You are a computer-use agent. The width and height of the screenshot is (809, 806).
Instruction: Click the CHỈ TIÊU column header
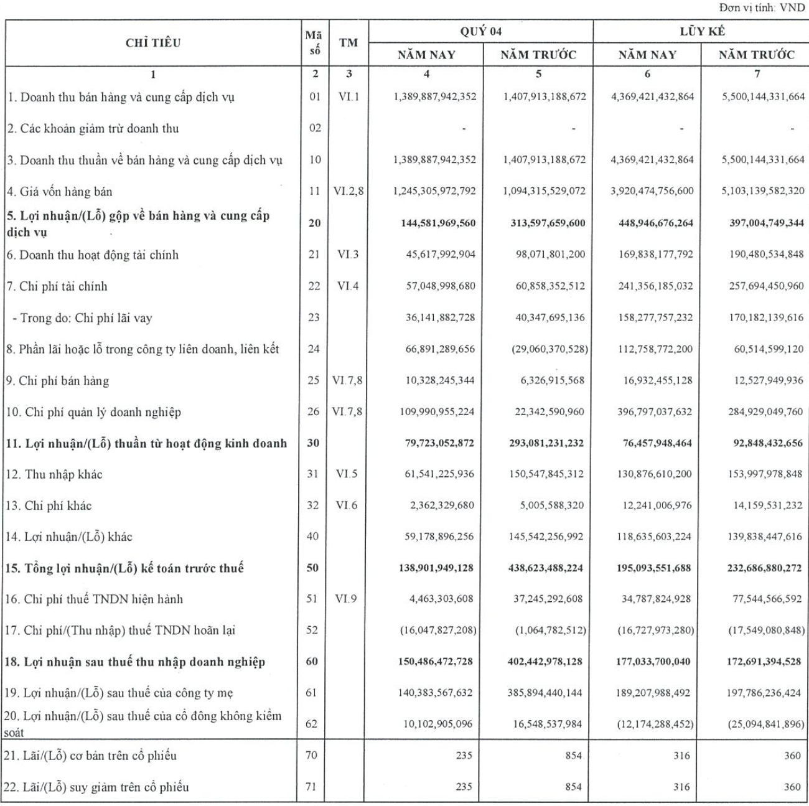(x=153, y=43)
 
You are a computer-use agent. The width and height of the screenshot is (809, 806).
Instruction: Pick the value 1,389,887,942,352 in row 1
(x=435, y=96)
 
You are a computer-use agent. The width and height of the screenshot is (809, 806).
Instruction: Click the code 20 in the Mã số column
(x=314, y=223)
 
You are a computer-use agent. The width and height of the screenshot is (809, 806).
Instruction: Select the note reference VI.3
(x=348, y=254)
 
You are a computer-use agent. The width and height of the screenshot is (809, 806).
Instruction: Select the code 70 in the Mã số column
(x=312, y=755)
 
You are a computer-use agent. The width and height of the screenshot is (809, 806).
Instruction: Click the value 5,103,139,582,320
(x=763, y=191)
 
